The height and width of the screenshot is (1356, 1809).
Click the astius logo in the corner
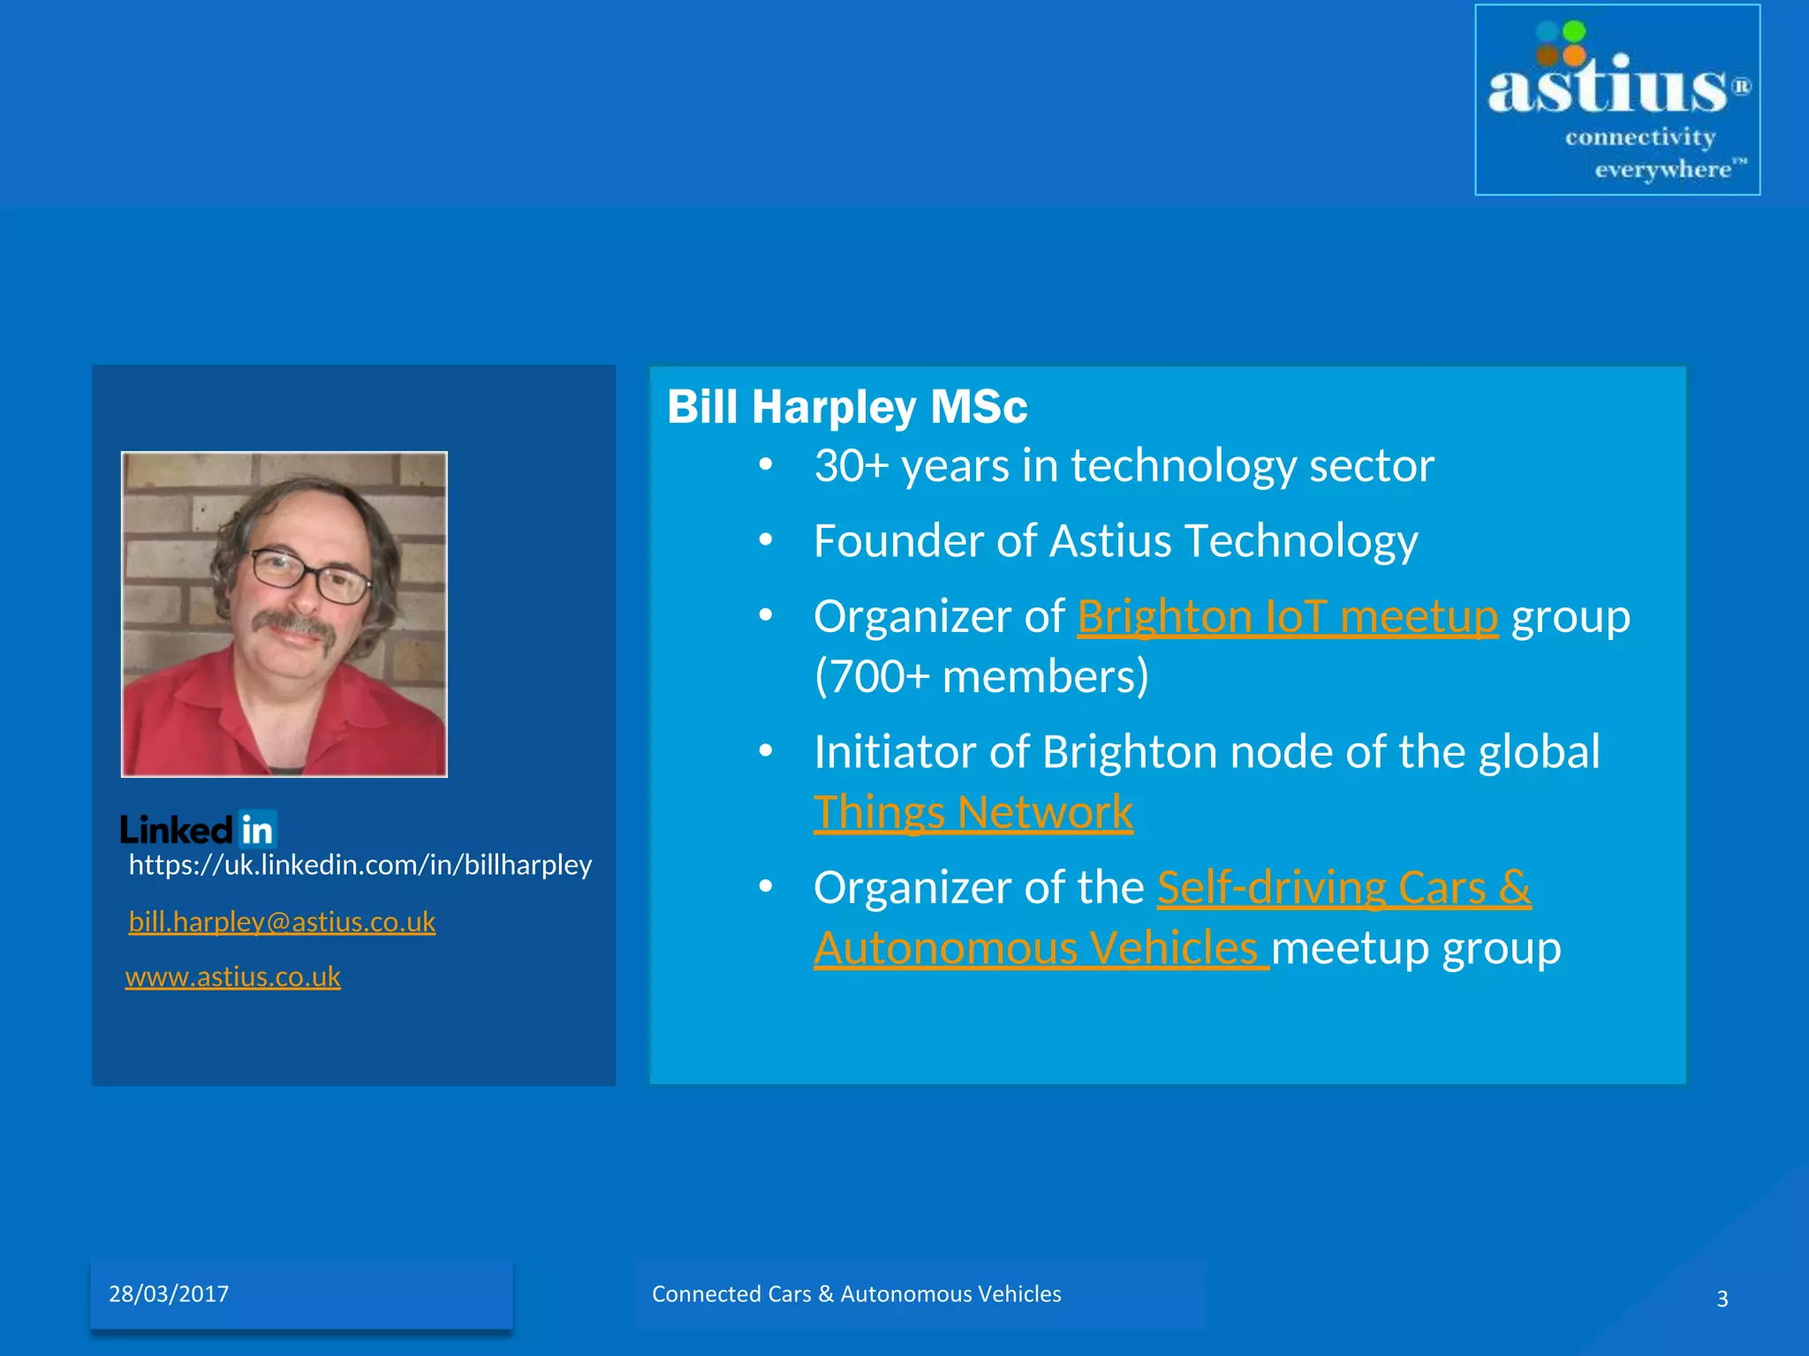click(x=1616, y=99)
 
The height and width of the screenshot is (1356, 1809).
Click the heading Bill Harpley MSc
click(x=846, y=407)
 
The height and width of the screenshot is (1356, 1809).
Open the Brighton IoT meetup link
click(x=1287, y=616)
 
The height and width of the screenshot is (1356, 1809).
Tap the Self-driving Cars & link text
click(x=1344, y=887)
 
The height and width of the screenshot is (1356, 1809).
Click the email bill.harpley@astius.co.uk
click(x=282, y=922)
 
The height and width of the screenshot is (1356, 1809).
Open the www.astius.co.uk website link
click(x=232, y=976)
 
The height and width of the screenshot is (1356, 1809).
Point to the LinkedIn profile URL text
click(x=360, y=864)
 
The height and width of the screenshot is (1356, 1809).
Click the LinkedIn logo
click(x=199, y=829)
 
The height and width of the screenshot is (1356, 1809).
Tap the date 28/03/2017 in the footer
click(x=169, y=1294)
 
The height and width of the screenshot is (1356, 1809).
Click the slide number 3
click(x=1722, y=1299)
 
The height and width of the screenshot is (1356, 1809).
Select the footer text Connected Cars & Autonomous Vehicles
click(x=856, y=1294)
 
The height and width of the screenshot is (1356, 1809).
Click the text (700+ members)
click(x=980, y=677)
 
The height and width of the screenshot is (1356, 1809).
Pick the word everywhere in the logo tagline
click(x=1661, y=169)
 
